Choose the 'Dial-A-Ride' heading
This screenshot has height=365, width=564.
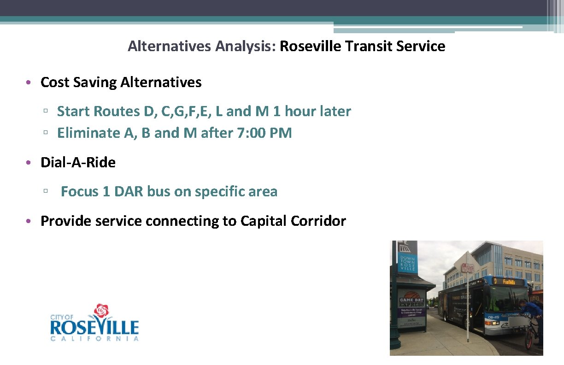[78, 162]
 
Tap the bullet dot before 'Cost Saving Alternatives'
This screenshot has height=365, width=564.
[29, 83]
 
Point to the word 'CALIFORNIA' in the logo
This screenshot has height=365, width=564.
[94, 339]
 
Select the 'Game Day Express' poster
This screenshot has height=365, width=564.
[411, 309]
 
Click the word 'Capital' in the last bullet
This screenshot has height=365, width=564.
[264, 221]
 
